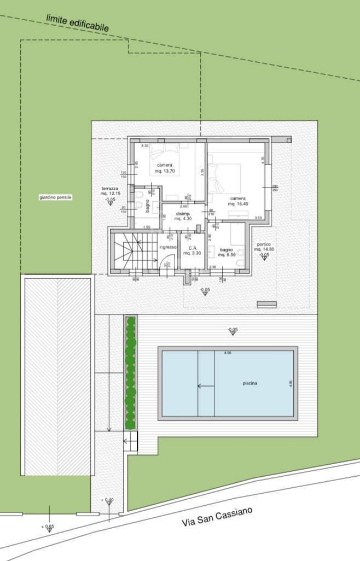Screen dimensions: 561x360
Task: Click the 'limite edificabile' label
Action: click(x=77, y=23)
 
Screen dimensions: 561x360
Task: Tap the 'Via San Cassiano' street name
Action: click(x=217, y=517)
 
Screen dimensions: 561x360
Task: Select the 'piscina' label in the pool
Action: click(x=250, y=384)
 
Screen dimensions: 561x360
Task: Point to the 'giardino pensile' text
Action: click(x=55, y=197)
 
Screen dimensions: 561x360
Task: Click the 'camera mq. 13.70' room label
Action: click(x=165, y=168)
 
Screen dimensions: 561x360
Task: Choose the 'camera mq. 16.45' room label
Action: click(x=237, y=201)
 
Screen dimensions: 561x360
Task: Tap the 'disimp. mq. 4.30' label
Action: click(x=182, y=216)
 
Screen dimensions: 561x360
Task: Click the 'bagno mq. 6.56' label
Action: click(x=227, y=252)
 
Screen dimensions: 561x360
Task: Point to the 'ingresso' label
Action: click(x=168, y=247)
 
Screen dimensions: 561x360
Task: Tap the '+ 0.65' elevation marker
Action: click(x=48, y=527)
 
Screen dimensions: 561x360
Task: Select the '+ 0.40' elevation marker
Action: click(x=107, y=500)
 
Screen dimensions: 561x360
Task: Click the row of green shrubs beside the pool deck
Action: click(x=130, y=373)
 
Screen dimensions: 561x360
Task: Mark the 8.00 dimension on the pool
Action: click(x=227, y=353)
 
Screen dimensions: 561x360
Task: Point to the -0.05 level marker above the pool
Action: click(x=233, y=330)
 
